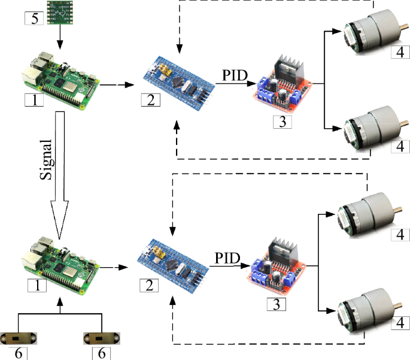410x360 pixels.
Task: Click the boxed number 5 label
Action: click(x=34, y=19)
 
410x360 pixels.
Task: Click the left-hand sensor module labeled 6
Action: click(x=20, y=338)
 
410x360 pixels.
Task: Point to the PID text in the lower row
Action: click(x=227, y=258)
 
